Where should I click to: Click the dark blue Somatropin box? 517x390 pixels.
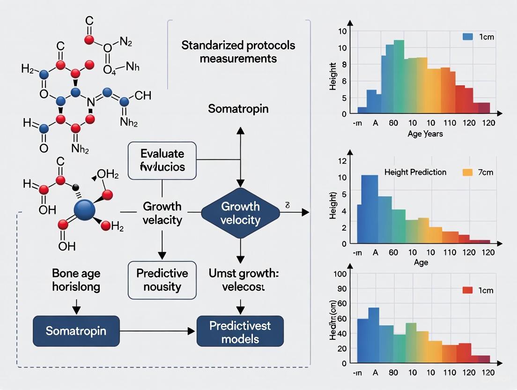click(76, 331)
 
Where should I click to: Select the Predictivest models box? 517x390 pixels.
click(240, 332)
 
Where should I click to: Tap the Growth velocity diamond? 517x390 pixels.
click(240, 213)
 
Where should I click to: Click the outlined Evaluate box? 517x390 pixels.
click(162, 160)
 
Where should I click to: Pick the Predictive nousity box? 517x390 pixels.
click(162, 279)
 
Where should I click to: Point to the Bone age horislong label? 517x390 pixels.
click(76, 280)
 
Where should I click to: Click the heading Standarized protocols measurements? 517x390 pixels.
click(238, 52)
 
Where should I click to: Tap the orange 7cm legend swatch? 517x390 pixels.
click(467, 172)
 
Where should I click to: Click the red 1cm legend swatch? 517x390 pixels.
click(467, 290)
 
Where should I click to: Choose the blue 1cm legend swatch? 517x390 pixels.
click(467, 37)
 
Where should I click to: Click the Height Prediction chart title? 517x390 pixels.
click(415, 172)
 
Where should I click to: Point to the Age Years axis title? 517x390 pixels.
click(425, 134)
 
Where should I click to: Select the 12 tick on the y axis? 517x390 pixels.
click(341, 161)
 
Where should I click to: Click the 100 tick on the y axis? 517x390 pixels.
click(340, 274)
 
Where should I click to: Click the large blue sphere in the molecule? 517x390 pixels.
click(84, 210)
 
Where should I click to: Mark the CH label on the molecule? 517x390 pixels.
click(142, 96)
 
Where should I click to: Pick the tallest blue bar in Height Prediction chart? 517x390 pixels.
click(369, 209)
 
